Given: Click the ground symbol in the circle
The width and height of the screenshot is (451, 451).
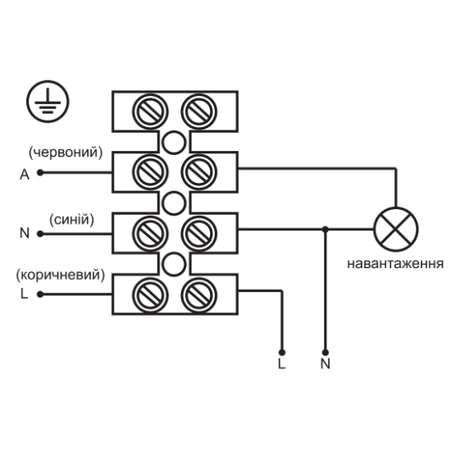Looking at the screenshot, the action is [48, 102].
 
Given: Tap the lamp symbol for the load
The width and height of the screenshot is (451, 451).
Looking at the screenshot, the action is [396, 230].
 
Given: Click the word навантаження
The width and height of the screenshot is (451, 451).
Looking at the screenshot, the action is [395, 264].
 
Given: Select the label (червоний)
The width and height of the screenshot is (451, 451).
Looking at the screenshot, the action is [66, 153].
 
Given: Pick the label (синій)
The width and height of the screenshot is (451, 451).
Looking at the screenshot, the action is [72, 220].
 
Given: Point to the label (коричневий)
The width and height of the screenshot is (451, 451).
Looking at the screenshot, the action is [61, 275].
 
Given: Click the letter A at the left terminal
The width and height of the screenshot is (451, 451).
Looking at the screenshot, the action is [25, 175].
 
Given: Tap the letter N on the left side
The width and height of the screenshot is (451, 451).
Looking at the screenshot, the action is [25, 233].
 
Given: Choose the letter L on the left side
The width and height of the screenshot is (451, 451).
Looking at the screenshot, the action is [24, 294].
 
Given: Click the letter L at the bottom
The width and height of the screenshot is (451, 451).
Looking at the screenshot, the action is [281, 363].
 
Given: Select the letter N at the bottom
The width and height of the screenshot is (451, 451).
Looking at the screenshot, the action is [326, 363].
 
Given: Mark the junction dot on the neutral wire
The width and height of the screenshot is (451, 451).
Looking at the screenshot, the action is [326, 230].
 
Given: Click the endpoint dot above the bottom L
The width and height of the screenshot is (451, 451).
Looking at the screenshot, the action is [282, 353].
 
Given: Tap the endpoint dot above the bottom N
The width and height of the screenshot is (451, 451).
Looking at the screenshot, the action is [326, 353].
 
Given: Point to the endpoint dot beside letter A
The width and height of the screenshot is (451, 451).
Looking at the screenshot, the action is [40, 172].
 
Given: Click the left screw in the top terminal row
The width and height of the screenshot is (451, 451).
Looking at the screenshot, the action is [150, 112].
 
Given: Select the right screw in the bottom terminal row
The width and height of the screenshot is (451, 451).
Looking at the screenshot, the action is [199, 295].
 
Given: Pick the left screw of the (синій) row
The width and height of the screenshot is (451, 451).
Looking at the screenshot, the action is [150, 234].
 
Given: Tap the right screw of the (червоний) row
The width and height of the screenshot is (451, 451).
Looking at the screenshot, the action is [199, 172].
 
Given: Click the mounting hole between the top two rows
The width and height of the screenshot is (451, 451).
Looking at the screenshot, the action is [174, 143].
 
